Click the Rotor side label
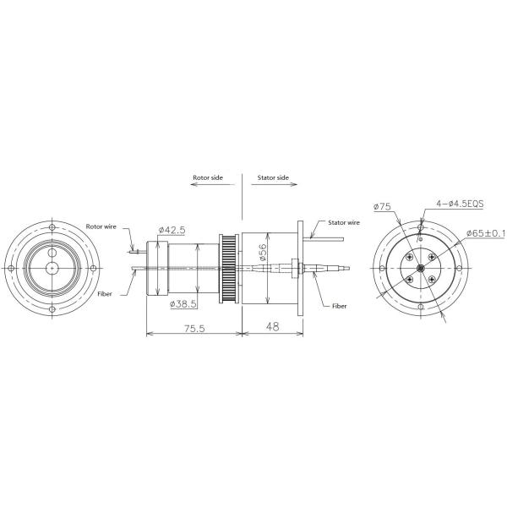(208, 178)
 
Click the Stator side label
(271, 178)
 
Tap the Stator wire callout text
(339, 222)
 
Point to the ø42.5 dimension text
(172, 229)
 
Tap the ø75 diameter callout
(384, 206)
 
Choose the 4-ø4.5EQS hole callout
(461, 204)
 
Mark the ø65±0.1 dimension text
(485, 234)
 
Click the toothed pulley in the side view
(226, 268)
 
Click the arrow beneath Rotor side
(208, 188)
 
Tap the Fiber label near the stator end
(340, 306)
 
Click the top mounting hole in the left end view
(52, 229)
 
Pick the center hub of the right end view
(420, 270)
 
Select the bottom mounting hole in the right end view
(420, 310)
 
